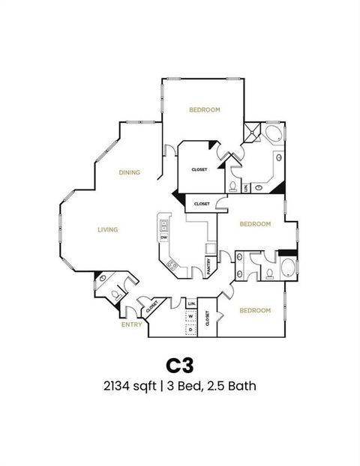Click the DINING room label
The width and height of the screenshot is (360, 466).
click(x=129, y=173)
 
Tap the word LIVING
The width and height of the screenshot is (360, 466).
click(x=108, y=229)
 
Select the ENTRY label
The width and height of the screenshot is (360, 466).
click(x=132, y=324)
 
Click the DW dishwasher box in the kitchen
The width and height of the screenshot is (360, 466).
click(x=163, y=237)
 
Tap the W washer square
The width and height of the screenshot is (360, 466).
click(x=191, y=316)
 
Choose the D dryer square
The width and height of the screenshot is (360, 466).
click(x=191, y=329)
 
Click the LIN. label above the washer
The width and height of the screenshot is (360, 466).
click(x=191, y=303)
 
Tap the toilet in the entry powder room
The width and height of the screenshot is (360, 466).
click(x=114, y=293)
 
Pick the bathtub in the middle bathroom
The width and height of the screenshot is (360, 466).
click(x=287, y=268)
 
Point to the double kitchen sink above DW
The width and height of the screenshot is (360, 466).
click(x=163, y=223)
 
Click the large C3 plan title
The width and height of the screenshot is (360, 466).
click(x=180, y=365)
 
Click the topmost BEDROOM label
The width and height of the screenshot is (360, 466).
click(x=204, y=110)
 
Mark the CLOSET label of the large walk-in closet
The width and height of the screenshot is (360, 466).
click(x=199, y=169)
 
